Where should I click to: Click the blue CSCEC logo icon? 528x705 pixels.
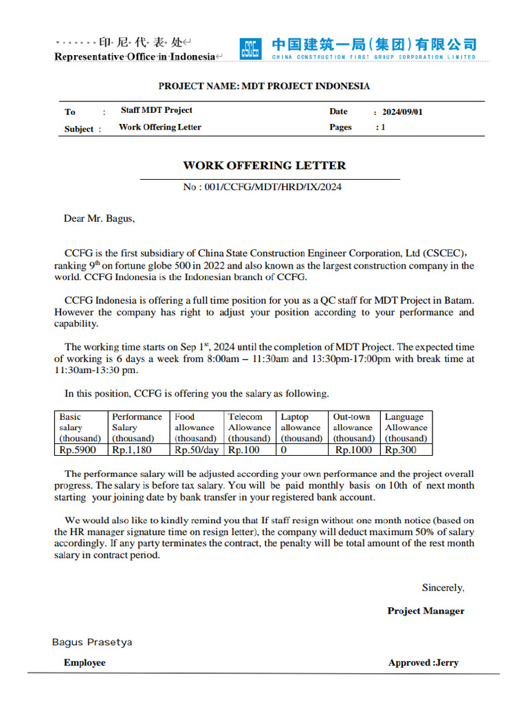(x=250, y=49)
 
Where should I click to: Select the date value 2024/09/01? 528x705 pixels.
(x=402, y=112)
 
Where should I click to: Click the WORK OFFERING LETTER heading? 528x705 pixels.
(x=264, y=165)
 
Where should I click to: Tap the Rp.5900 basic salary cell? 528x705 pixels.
(x=78, y=450)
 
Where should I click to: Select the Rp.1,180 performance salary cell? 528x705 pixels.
(x=132, y=450)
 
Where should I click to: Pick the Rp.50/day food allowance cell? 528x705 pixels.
(x=197, y=450)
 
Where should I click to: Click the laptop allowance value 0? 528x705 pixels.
(x=283, y=450)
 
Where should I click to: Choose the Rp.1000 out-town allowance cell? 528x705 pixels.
(x=353, y=450)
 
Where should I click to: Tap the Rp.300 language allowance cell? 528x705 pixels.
(x=400, y=450)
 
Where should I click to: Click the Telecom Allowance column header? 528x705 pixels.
(x=249, y=428)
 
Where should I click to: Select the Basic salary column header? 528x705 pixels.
(x=80, y=428)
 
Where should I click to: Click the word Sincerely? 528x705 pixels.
(x=443, y=588)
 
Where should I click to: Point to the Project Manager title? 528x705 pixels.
(x=426, y=611)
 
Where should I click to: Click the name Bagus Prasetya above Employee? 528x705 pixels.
(x=92, y=642)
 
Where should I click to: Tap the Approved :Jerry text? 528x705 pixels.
(x=423, y=663)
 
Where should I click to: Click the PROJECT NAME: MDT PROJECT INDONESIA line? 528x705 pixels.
(x=264, y=86)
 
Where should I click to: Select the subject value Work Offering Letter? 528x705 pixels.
(x=159, y=127)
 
